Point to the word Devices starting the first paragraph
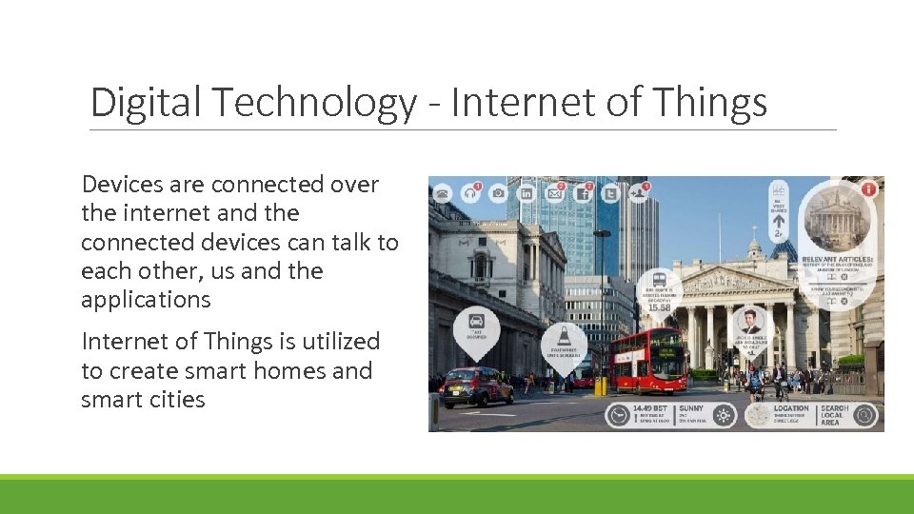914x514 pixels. (122, 185)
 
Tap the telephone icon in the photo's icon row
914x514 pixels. (443, 193)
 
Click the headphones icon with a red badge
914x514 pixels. (470, 193)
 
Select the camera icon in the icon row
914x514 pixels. (498, 193)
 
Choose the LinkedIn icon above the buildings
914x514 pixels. (527, 193)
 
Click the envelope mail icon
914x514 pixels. (554, 194)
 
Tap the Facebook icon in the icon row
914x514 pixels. (583, 194)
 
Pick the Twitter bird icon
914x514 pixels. (610, 194)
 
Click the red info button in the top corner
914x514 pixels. (868, 188)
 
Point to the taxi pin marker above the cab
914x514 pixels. (476, 322)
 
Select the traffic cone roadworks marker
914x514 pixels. (563, 337)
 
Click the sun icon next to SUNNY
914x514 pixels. (724, 415)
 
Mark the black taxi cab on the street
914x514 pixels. (478, 386)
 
